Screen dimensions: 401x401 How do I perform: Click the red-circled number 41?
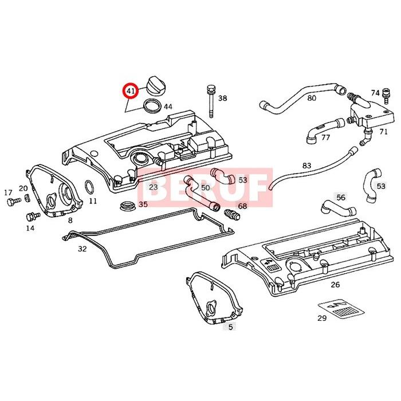tap(131, 91)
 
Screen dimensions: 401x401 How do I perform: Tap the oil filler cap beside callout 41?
tap(155, 85)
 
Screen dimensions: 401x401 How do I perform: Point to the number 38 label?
tap(222, 99)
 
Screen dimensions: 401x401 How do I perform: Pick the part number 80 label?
tap(312, 98)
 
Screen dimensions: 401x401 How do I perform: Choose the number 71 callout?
tap(383, 132)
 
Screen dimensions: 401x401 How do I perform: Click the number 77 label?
tap(325, 137)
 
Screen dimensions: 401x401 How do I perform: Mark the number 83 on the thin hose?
tap(306, 166)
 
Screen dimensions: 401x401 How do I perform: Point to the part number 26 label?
tap(335, 285)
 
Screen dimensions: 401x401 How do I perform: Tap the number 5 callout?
tap(231, 327)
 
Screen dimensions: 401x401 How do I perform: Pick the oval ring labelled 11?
tap(89, 187)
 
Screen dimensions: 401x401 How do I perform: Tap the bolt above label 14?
tap(32, 217)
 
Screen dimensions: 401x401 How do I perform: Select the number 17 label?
tap(9, 192)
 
